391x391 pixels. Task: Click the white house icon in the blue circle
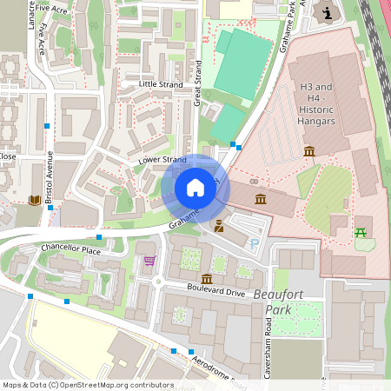195,188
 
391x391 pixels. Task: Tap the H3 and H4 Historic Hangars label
316,103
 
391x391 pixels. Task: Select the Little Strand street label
161,84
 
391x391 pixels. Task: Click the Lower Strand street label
162,160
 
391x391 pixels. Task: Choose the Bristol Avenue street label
50,178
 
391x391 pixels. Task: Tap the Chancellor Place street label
71,249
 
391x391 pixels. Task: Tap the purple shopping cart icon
149,260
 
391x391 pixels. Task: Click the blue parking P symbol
254,245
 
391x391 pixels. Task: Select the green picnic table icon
361,232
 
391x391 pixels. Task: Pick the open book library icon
35,201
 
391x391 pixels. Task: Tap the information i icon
327,12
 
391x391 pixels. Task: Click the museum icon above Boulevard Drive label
207,278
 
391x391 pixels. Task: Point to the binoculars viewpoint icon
254,182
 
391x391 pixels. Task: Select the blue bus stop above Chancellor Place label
99,236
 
